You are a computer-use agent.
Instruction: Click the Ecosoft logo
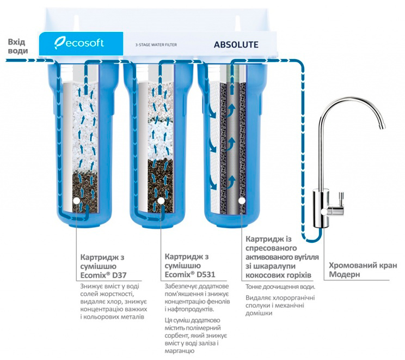click(x=79, y=44)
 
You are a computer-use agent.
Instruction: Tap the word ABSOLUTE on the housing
click(x=236, y=45)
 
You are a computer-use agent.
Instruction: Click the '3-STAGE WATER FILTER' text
click(x=156, y=45)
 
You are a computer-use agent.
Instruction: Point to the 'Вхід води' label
click(x=17, y=46)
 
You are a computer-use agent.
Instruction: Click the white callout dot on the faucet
click(x=324, y=212)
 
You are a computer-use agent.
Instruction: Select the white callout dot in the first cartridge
click(x=76, y=200)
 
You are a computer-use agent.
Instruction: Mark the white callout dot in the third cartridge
click(x=242, y=200)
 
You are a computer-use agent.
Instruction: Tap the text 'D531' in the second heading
click(x=206, y=274)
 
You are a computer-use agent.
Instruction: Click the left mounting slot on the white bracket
click(x=76, y=22)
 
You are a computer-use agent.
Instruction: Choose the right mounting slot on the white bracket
click(x=238, y=22)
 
